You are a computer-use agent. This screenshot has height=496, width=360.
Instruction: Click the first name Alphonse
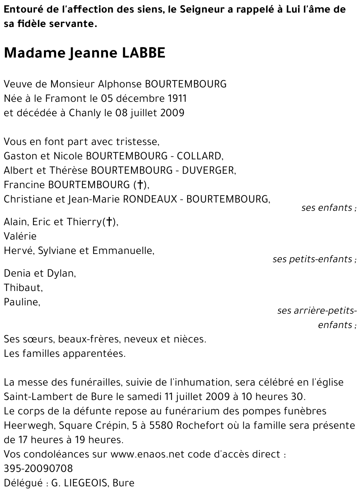pyautogui.click(x=120, y=84)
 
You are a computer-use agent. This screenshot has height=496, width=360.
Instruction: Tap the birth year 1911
pyautogui.click(x=177, y=99)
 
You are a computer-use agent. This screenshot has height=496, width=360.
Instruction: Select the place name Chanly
pyautogui.click(x=85, y=113)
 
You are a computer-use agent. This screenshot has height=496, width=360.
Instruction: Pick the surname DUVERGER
pyautogui.click(x=208, y=170)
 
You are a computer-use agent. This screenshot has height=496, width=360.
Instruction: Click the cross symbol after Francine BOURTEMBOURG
pyautogui.click(x=139, y=185)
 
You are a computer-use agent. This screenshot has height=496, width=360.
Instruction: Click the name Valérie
pyautogui.click(x=20, y=236)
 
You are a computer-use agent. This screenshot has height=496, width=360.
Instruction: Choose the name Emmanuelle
pyautogui.click(x=123, y=251)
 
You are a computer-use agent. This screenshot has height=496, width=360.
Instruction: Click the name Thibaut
pyautogui.click(x=23, y=288)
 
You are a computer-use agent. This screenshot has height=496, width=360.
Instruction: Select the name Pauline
pyautogui.click(x=21, y=302)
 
